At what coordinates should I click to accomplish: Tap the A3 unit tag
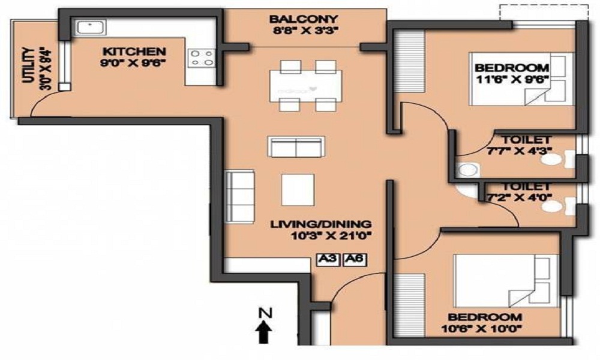tap(328, 260)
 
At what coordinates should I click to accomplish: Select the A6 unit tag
tap(354, 260)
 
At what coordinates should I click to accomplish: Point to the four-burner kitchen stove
tap(202, 58)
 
